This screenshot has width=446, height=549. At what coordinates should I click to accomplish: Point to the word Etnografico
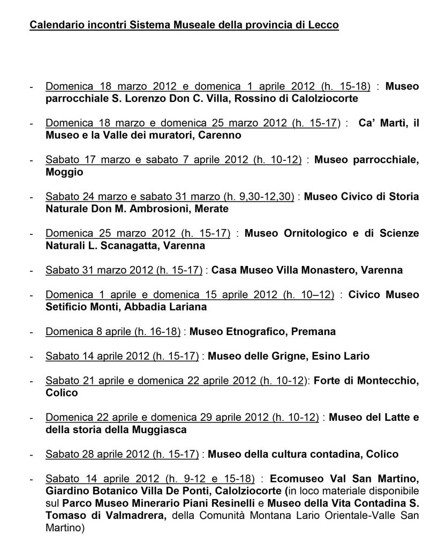click(254, 331)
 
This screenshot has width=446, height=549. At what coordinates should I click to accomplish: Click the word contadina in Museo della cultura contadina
click(335, 454)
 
